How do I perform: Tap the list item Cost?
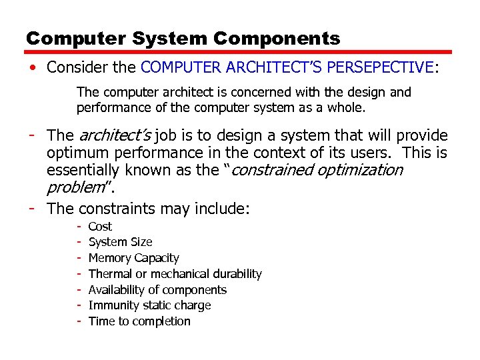[100, 227]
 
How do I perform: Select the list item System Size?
[120, 242]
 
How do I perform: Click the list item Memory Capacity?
[133, 258]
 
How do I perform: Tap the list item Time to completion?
[139, 321]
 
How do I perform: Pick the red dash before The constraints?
[32, 209]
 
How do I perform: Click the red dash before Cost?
[79, 227]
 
